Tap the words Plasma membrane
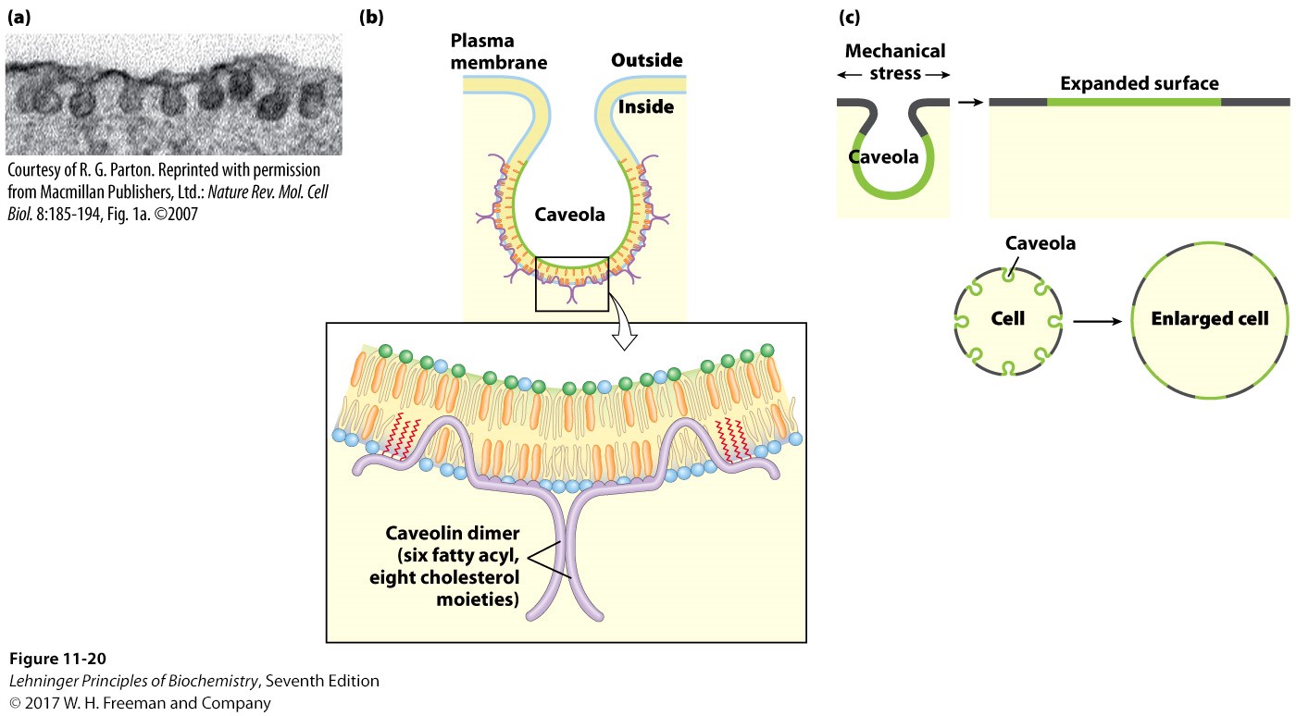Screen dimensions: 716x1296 click(497, 52)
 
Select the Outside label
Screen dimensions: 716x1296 click(646, 61)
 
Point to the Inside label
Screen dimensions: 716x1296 click(645, 107)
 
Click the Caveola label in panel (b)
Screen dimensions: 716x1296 click(569, 215)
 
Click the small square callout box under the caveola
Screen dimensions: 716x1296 click(571, 284)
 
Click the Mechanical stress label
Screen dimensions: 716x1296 click(894, 61)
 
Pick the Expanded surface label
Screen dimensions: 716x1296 click(1139, 83)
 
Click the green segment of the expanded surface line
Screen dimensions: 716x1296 click(1134, 102)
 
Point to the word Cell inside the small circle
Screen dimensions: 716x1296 click(1006, 318)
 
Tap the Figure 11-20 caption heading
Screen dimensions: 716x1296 click(58, 659)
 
